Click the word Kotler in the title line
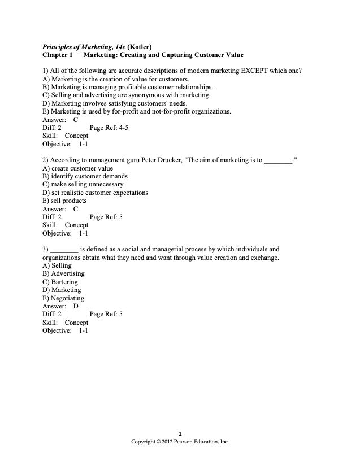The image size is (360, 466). (x=139, y=47)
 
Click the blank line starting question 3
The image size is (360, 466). (x=63, y=249)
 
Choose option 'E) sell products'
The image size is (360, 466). (x=65, y=201)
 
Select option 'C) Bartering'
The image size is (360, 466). (x=60, y=282)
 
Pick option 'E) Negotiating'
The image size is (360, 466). (x=63, y=298)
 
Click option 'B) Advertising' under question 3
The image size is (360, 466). (x=63, y=273)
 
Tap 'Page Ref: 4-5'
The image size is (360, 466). (x=109, y=128)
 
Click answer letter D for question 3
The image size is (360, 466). (x=76, y=306)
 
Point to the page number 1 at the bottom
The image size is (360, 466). (x=180, y=434)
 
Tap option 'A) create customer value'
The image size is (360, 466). (x=78, y=168)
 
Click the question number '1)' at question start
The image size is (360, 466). (x=46, y=71)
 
